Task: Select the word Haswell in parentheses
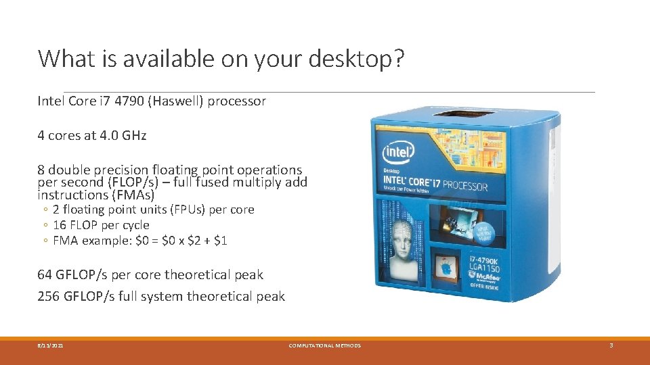178,101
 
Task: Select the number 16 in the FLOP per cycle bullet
60,225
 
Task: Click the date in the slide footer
51,345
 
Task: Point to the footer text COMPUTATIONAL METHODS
324,345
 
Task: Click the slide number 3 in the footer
611,345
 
